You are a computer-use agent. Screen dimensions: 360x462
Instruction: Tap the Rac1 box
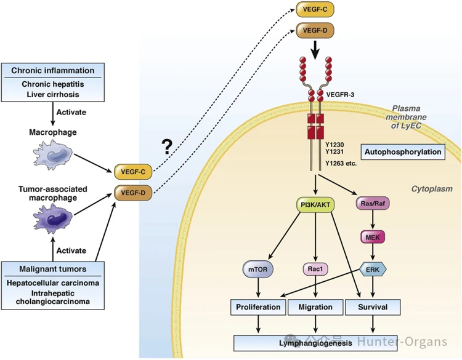(x=315, y=269)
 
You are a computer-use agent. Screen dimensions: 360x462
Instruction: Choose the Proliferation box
(x=258, y=306)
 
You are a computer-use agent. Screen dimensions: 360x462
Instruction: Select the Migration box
(x=315, y=306)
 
